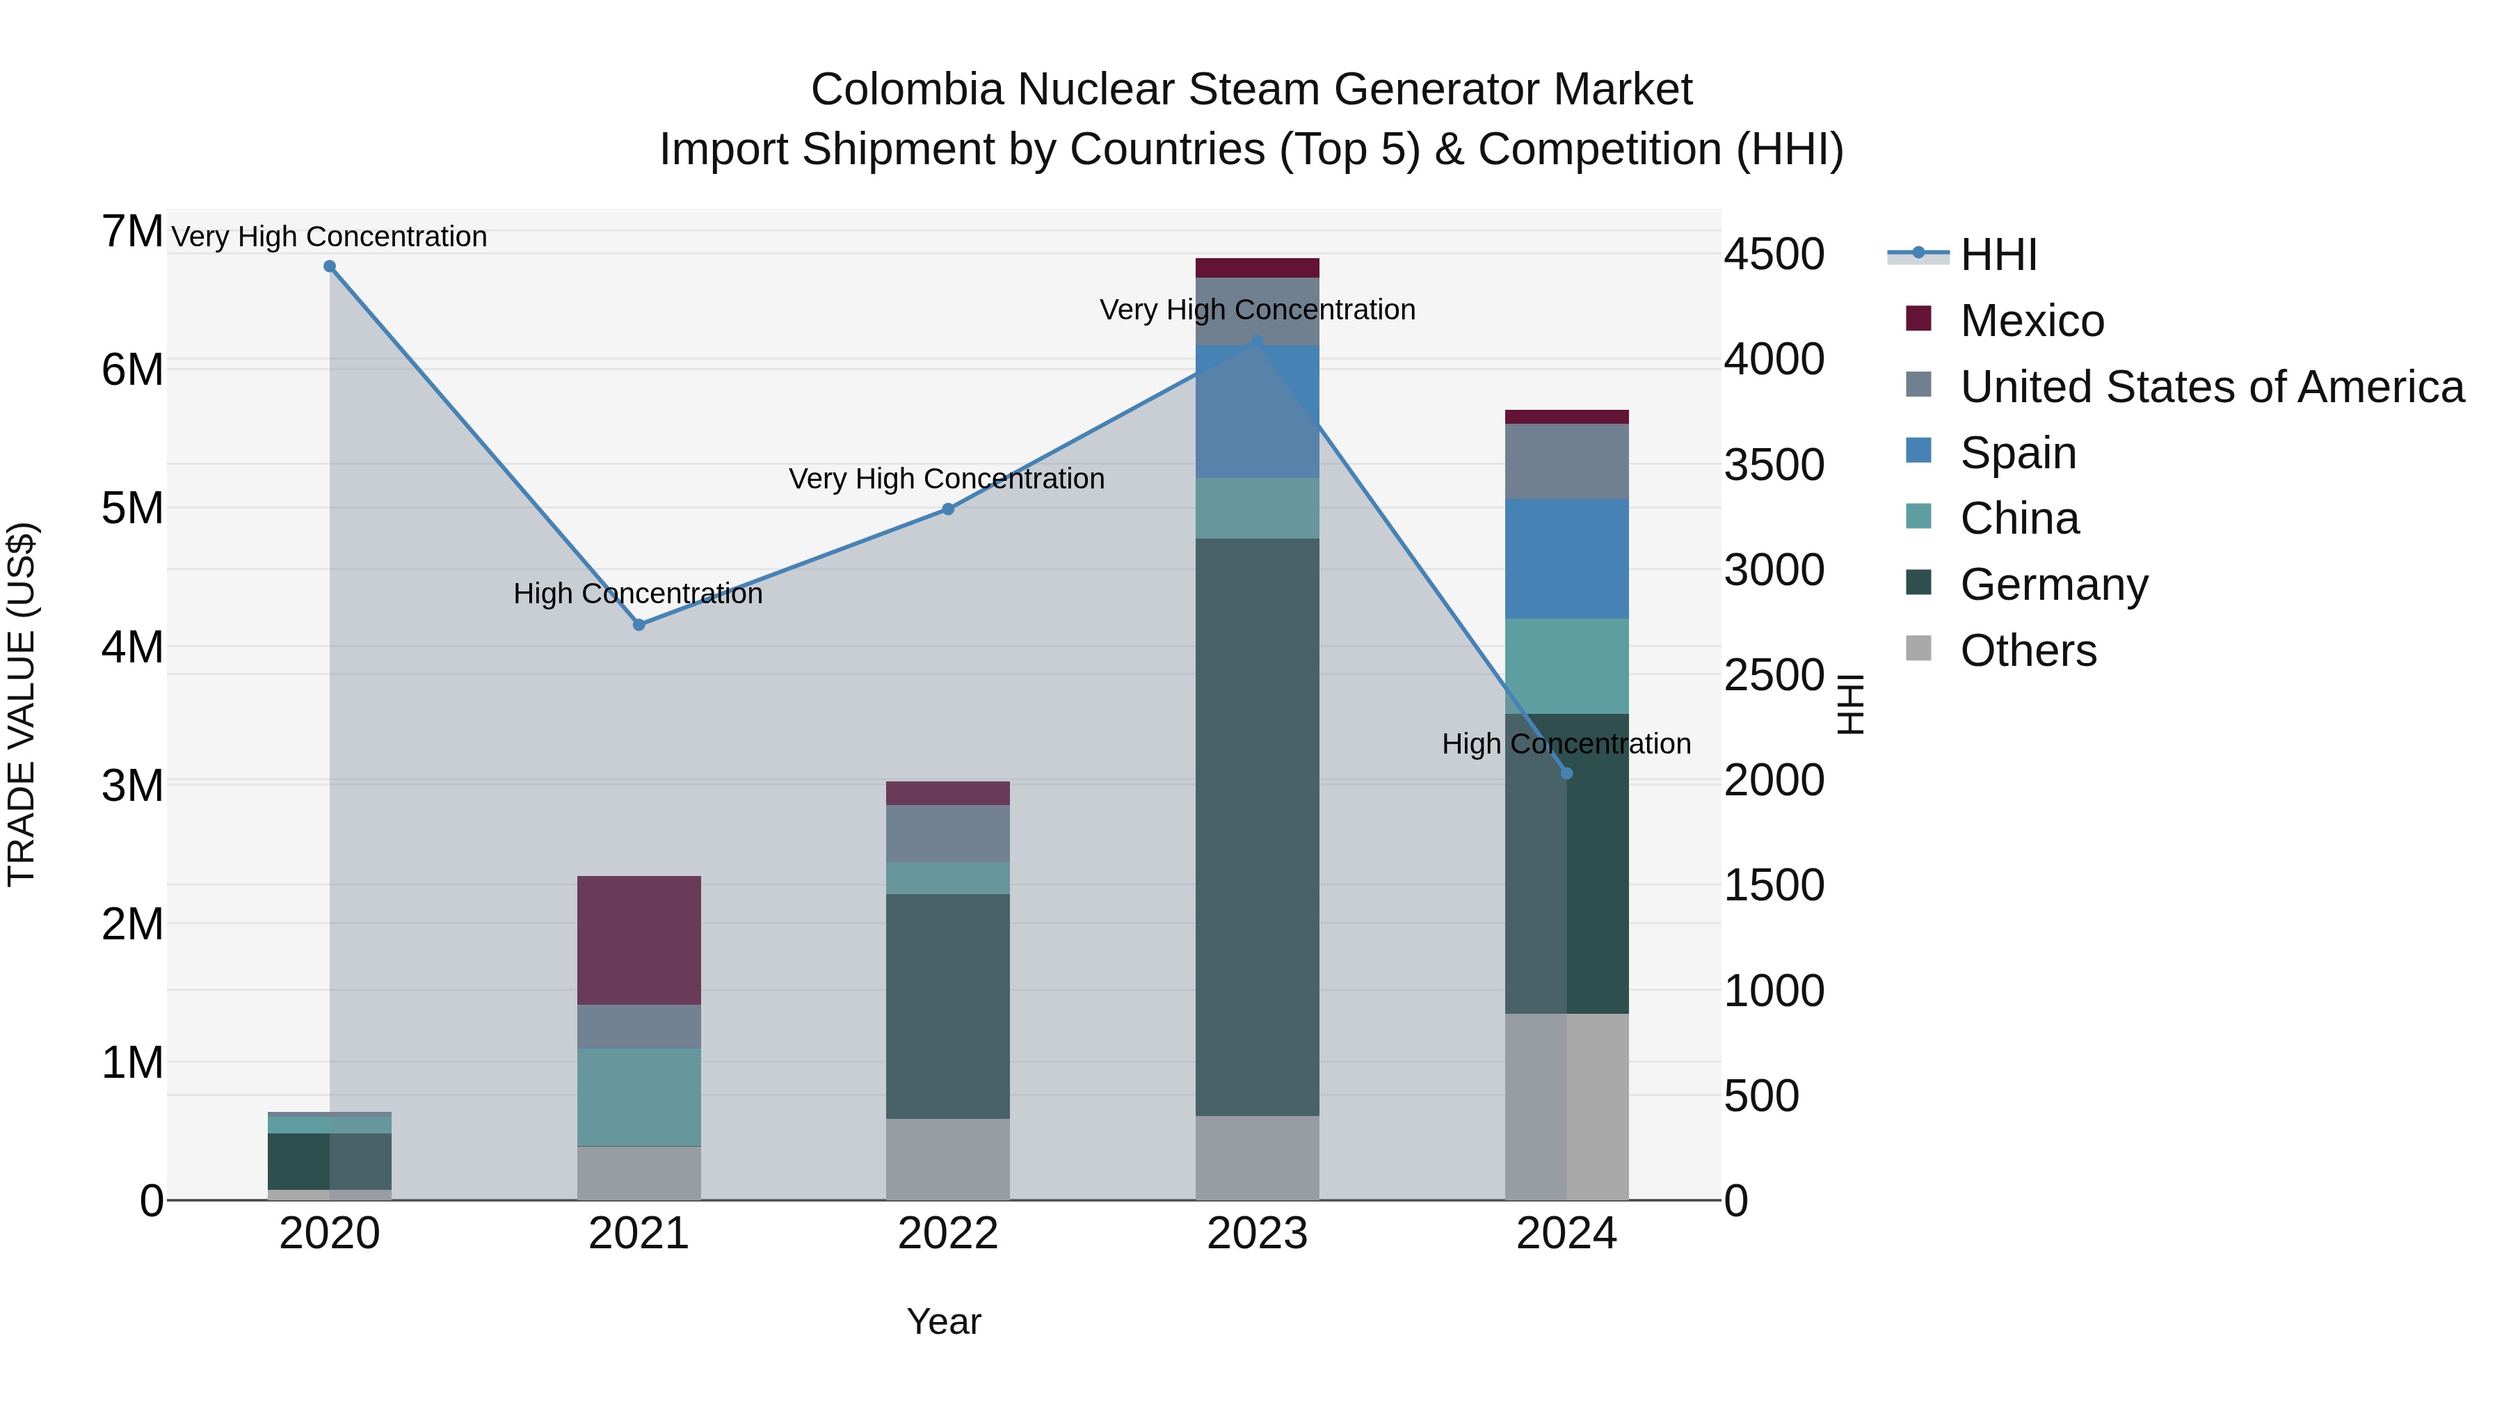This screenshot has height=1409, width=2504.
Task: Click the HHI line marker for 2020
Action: click(330, 266)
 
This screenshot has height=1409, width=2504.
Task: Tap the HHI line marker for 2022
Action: click(948, 509)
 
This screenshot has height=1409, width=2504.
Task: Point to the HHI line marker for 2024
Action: click(1566, 773)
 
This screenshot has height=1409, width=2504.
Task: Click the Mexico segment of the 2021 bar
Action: click(639, 939)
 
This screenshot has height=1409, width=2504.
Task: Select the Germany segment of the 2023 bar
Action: click(1257, 827)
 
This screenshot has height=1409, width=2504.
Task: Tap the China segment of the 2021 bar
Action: click(639, 1097)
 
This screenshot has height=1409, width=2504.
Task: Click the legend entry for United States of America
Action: click(2211, 386)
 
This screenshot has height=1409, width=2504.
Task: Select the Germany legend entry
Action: click(2053, 584)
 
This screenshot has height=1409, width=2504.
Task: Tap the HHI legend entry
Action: click(1998, 255)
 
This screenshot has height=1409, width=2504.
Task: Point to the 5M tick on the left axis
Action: click(132, 508)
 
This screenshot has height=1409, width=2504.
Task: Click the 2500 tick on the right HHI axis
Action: click(1774, 675)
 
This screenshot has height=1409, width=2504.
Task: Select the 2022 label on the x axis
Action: click(948, 1234)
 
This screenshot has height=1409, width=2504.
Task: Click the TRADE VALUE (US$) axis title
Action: click(22, 704)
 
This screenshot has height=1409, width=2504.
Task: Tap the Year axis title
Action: click(943, 1321)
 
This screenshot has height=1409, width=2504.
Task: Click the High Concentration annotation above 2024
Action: click(1565, 744)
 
